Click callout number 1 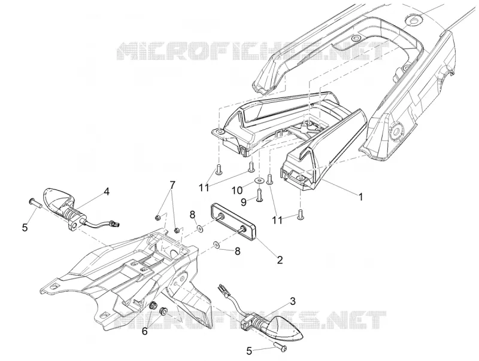pos(361,197)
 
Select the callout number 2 pos(280,259)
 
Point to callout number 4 pos(107,191)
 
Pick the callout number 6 pos(144,331)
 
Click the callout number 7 pos(172,185)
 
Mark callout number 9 pos(243,202)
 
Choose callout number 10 pos(237,191)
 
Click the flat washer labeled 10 pos(259,182)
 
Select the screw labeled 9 pos(260,195)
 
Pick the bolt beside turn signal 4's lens pos(35,202)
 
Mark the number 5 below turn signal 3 pos(249,351)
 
